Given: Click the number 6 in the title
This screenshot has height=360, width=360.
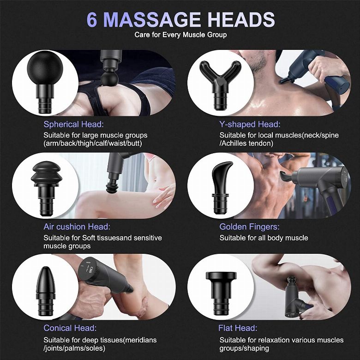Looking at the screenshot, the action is pos(92,19).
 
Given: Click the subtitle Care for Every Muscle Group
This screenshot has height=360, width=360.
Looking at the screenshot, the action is pos(180,35).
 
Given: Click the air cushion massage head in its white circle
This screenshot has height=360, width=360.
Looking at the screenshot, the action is pos(46,188).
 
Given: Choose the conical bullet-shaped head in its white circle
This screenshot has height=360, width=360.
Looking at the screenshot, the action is pos(46,291).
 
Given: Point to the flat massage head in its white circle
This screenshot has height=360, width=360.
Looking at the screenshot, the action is pos(221,293).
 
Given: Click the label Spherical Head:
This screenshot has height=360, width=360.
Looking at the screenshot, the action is pos(74,124).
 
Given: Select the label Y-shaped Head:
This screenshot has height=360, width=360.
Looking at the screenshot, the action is pos(250,124).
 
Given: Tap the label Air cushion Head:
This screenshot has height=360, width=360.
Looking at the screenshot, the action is pos(77,227).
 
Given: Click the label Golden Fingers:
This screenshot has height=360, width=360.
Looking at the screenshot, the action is pos(249,227).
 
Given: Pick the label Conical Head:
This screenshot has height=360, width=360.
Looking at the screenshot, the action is pos(70,328).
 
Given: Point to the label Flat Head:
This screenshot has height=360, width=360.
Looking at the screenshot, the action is pos(238,328).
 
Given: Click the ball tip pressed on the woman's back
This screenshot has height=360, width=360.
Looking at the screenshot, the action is pos(109,79).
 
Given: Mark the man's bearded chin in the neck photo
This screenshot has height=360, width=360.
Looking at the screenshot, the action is pos(259,66).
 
